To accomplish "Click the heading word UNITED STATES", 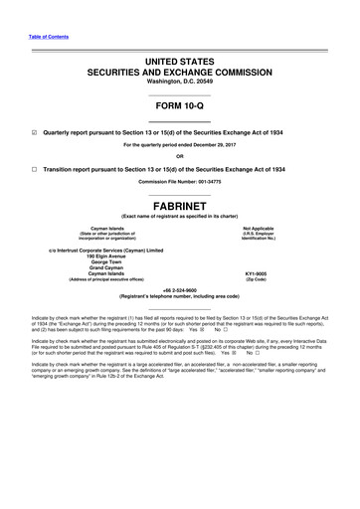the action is (x=180, y=62).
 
